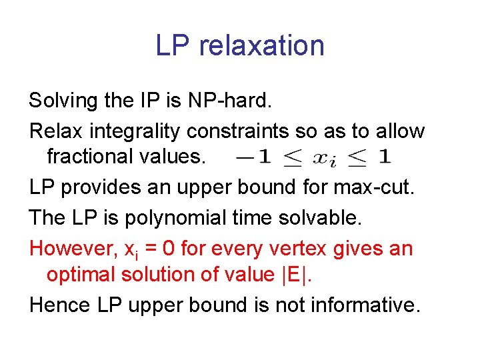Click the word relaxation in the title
click(261, 46)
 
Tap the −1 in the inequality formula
click(255, 158)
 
